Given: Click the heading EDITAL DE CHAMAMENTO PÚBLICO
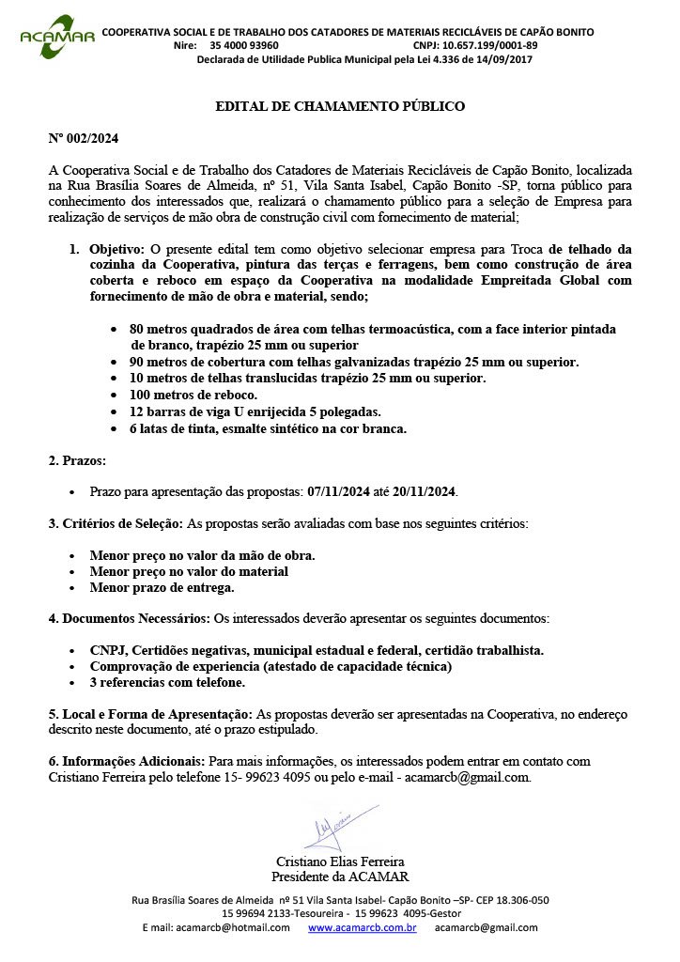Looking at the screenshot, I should point(340,106).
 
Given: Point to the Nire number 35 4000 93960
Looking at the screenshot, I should point(243,45).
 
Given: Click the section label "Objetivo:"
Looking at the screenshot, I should point(116,249).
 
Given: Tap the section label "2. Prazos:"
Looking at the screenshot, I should point(77,460).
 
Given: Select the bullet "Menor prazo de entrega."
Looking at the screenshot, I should point(162,587).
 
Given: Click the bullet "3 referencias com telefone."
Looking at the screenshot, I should point(167,683).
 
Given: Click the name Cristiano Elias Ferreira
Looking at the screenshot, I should point(340,861).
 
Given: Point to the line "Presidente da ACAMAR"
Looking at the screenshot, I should point(340,877).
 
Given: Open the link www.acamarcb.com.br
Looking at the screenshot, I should point(362,927).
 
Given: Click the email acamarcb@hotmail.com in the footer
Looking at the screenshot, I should point(216,927).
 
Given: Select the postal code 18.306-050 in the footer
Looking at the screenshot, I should point(516,899).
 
